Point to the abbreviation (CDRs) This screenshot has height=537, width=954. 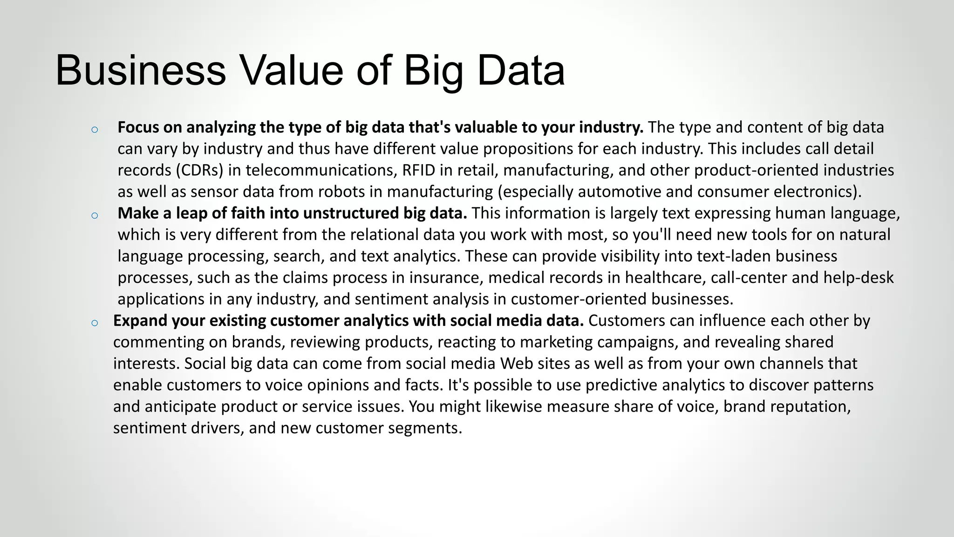200,170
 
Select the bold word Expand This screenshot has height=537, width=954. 140,321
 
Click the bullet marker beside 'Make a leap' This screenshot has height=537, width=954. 95,215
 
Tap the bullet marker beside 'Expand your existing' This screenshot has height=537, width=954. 95,323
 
